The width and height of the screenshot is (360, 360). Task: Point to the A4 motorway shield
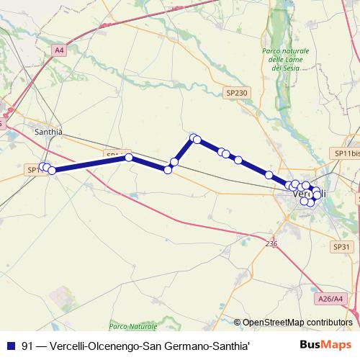tap(59, 50)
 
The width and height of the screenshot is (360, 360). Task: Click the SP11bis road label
tap(346, 154)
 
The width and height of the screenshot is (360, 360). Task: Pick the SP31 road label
tap(341, 247)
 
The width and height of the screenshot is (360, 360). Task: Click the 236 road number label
tap(270, 244)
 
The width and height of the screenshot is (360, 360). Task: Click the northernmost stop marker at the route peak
tap(193, 138)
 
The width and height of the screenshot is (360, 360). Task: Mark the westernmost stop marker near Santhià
tap(42, 167)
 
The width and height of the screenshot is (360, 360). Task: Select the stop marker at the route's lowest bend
tap(168, 170)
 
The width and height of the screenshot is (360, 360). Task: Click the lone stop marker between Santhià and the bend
tap(129, 157)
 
